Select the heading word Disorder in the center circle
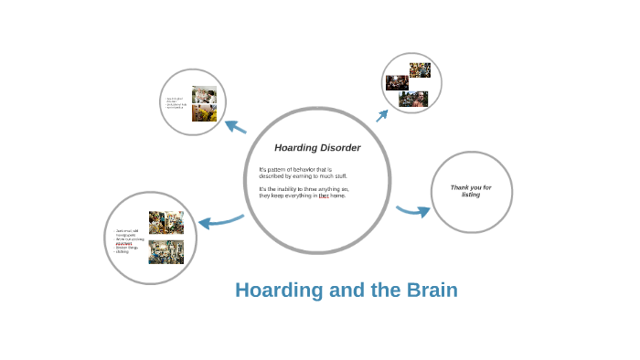(336, 148)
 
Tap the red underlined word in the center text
(324, 196)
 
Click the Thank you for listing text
(471, 191)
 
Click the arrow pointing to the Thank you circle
(413, 211)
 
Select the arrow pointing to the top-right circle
(382, 115)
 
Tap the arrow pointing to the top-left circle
(235, 127)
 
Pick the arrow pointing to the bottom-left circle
(219, 220)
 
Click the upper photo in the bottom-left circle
(166, 223)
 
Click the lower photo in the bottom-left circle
(166, 252)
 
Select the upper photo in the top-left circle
(205, 94)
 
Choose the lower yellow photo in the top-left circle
(205, 112)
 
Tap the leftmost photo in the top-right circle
(396, 83)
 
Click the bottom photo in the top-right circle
(413, 99)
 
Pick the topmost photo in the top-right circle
(420, 69)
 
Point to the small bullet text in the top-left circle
(176, 102)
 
